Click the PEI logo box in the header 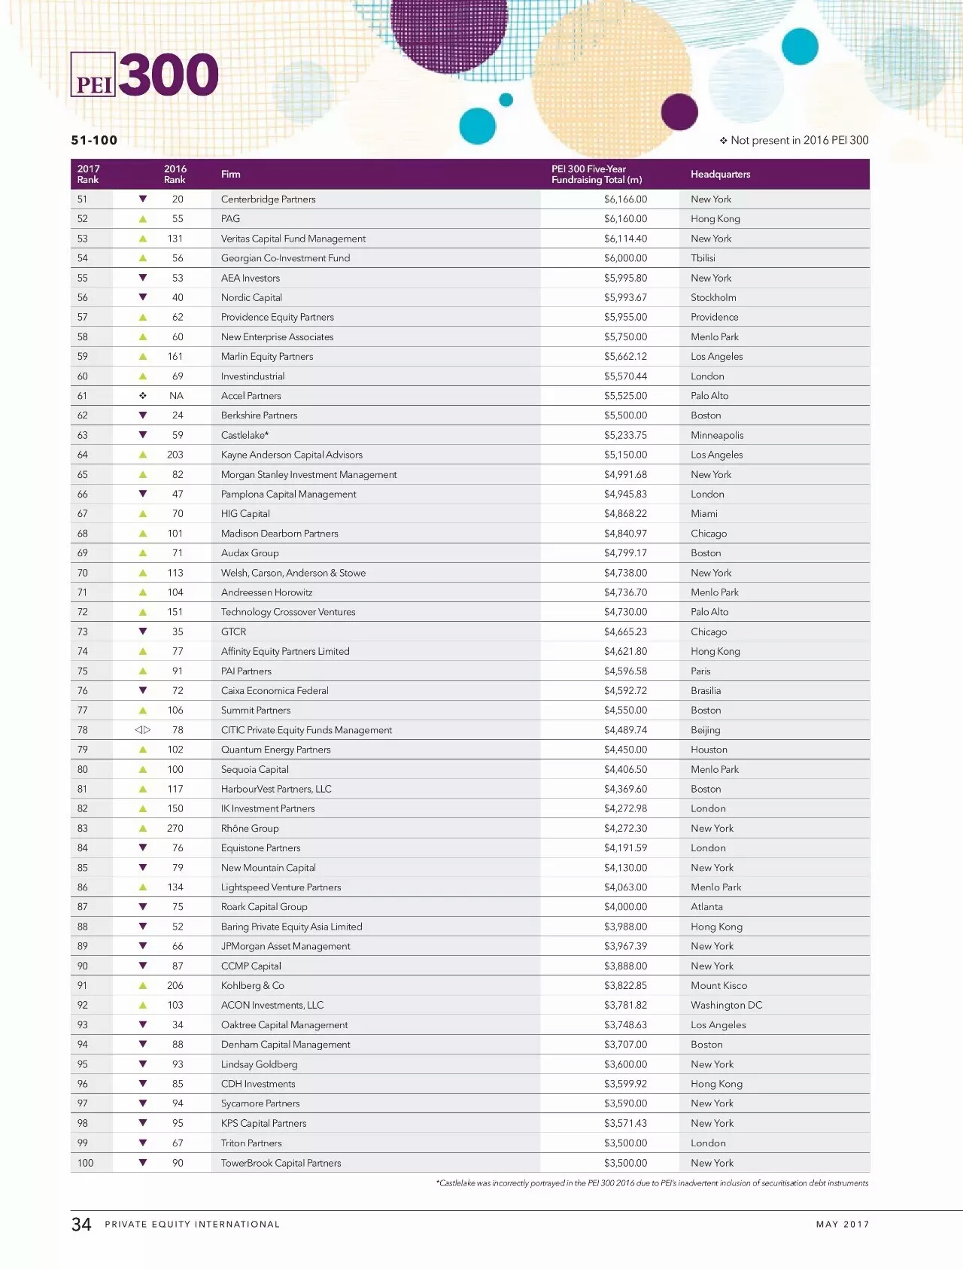[93, 75]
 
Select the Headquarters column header [720, 175]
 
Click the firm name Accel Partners [251, 396]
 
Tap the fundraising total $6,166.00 [625, 199]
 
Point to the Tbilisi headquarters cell [703, 258]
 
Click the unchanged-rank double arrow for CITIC [143, 730]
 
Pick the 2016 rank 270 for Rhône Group [175, 828]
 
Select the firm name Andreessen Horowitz [266, 592]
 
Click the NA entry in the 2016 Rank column [176, 396]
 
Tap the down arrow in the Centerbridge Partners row [143, 199]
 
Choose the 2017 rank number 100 [86, 1163]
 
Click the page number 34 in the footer [81, 1225]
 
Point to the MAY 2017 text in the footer [842, 1225]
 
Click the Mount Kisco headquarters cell [718, 985]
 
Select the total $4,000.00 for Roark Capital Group [625, 907]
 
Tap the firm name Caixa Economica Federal [275, 691]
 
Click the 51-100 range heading [94, 140]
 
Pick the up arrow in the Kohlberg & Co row [143, 985]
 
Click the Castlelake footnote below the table [652, 1183]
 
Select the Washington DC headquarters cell [726, 1005]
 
